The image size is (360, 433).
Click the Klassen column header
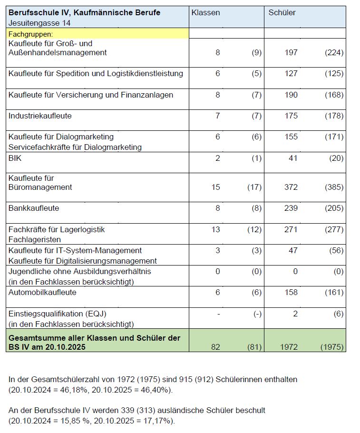205,12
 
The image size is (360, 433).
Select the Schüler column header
282,12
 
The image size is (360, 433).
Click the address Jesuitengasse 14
39,22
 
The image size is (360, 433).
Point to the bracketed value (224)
334,53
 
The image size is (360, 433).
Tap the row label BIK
15,158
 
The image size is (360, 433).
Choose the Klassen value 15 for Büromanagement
215,187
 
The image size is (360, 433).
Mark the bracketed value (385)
334,187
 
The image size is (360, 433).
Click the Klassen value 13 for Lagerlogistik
215,229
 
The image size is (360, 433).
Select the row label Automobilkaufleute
42,292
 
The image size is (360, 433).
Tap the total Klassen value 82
215,347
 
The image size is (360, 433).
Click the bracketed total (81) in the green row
254,347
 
